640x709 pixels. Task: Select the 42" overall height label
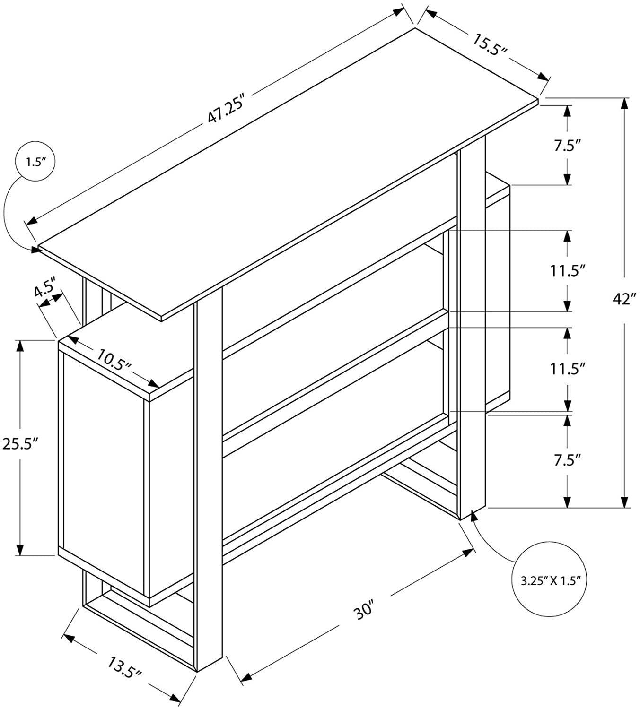624,299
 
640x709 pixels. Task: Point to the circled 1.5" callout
35,162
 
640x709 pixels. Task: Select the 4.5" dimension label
45,288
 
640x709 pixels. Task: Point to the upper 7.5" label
567,145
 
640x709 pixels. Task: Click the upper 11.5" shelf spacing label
568,271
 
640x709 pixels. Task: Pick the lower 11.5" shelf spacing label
568,369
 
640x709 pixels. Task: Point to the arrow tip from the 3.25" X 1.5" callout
473,516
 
